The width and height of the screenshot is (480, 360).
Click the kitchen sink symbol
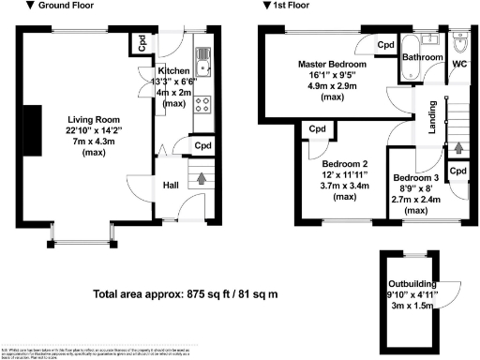tap(204, 65)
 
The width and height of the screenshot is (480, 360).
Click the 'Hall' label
tap(172, 186)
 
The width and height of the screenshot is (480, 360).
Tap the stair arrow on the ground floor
tap(199, 177)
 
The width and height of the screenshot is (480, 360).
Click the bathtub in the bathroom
tap(413, 45)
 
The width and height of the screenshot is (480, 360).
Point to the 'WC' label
tap(459, 64)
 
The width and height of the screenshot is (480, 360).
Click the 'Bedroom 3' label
tap(415, 178)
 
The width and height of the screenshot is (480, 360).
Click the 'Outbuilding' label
tap(413, 287)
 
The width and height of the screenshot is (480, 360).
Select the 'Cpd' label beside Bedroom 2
tap(317, 128)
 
